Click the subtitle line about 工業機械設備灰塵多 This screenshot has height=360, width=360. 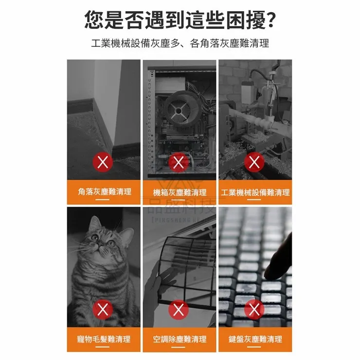tap(180, 43)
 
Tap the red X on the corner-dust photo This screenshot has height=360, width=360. tap(103, 162)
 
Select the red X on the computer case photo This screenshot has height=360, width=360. tap(179, 162)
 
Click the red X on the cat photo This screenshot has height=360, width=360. tap(103, 309)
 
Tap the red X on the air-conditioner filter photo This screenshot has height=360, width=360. tap(179, 309)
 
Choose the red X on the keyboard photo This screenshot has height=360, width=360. tap(253, 309)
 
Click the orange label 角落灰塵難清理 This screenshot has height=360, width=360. tap(104, 192)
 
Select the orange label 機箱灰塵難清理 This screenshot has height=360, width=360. tap(179, 193)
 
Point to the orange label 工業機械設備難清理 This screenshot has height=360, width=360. tap(255, 193)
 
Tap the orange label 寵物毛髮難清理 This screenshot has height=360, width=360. tap(104, 339)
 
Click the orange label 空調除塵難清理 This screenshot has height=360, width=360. tap(179, 339)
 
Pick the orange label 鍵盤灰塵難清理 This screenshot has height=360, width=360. tap(255, 339)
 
